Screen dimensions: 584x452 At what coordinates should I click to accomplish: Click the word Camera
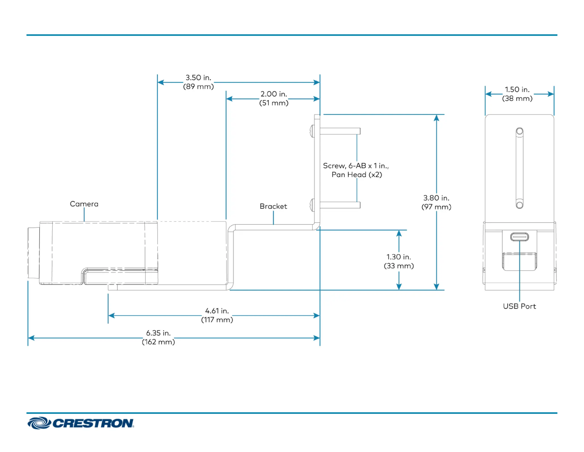point(84,204)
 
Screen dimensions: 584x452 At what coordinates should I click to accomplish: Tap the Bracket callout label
point(273,206)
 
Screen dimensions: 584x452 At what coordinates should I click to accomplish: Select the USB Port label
point(519,306)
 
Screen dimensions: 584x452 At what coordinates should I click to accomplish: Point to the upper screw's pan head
point(312,131)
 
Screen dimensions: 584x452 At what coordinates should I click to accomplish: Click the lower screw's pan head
point(312,205)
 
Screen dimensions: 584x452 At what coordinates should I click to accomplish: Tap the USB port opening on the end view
point(519,237)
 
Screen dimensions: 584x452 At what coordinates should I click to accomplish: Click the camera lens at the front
point(33,253)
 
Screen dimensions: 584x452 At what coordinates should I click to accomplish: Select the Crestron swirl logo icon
point(39,423)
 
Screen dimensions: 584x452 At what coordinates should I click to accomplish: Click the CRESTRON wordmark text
point(93,423)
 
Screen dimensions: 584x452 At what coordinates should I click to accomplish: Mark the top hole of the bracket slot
point(520,131)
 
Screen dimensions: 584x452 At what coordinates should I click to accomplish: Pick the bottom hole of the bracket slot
point(520,205)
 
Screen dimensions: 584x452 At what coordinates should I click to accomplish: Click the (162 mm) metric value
point(158,342)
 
